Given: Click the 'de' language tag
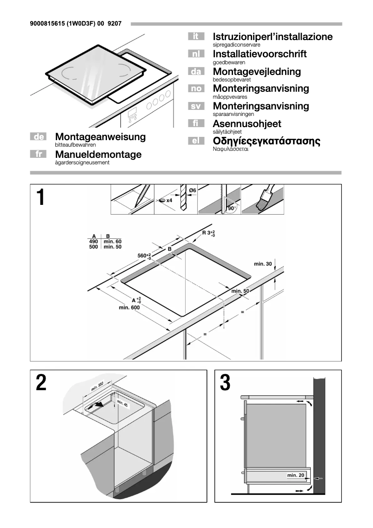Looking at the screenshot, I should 39,137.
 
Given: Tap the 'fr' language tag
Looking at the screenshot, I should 39,154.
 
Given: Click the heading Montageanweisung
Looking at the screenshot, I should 100,137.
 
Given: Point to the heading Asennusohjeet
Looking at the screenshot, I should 246,124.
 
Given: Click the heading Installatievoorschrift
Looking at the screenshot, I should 260,54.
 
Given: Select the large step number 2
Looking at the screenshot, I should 41,383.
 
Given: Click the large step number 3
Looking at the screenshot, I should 225,383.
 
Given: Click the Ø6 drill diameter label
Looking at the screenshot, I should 193,190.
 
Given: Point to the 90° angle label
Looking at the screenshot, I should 231,209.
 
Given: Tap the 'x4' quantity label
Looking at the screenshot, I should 169,200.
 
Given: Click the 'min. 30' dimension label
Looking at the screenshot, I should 263,264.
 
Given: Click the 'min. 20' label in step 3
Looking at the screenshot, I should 296,475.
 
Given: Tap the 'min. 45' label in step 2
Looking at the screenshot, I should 122,403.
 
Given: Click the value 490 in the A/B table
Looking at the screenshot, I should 93,242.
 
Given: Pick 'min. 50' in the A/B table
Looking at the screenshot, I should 112,247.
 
